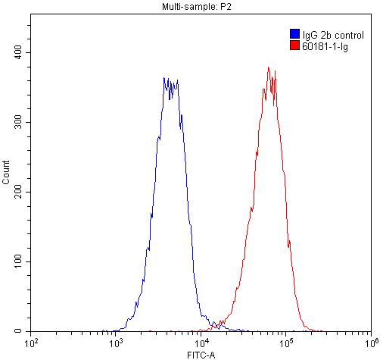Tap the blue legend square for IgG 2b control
click(x=294, y=34)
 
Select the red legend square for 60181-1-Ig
click(x=294, y=46)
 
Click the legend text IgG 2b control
click(x=332, y=35)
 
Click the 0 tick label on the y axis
click(x=24, y=331)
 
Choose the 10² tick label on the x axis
click(x=32, y=343)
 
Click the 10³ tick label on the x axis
click(x=117, y=343)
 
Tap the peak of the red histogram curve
click(x=269, y=67)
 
